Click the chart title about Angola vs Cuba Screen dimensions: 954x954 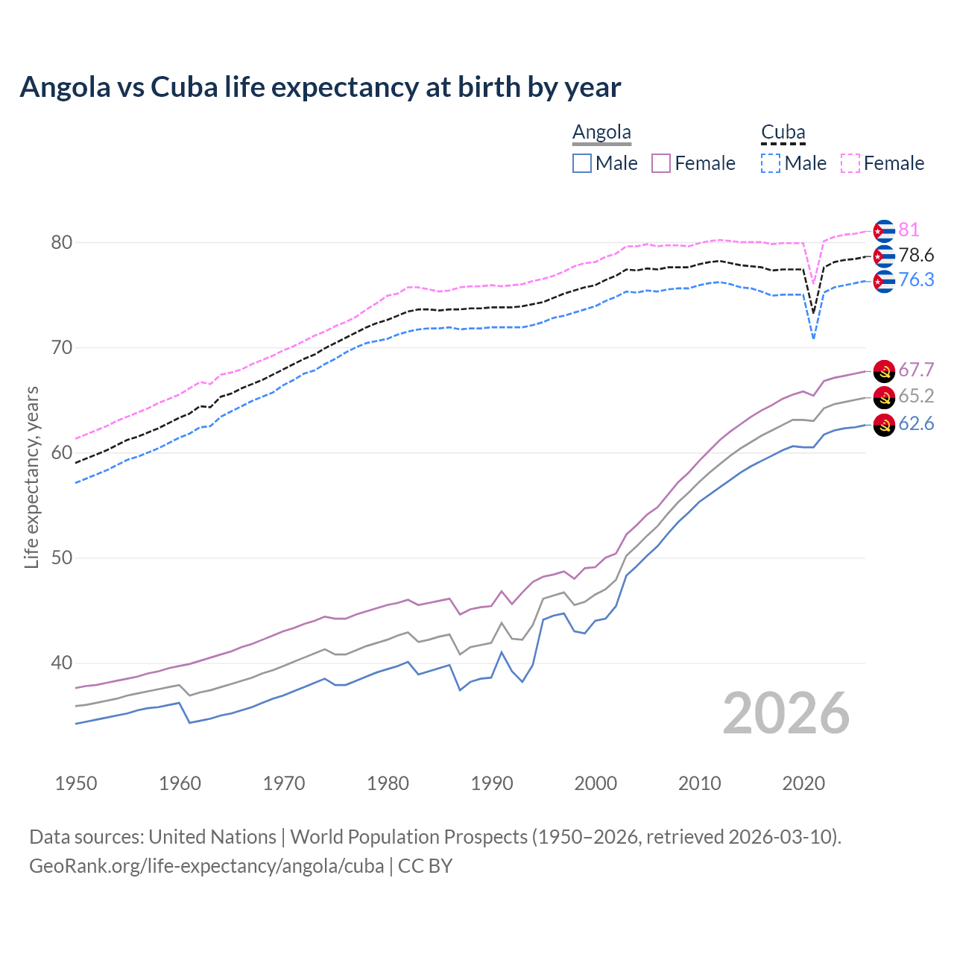click(320, 87)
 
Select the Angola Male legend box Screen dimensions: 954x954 click(582, 163)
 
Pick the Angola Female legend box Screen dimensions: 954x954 click(661, 163)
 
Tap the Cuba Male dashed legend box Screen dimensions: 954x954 click(771, 163)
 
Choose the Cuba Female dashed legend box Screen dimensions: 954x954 click(850, 163)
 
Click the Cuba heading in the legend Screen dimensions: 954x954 click(783, 132)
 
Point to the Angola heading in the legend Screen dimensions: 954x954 click(601, 132)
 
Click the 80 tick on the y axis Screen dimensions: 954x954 click(61, 242)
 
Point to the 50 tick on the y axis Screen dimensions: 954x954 click(61, 557)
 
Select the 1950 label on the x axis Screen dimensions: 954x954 click(76, 783)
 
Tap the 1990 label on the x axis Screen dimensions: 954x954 click(492, 783)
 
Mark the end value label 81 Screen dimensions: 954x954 click(909, 230)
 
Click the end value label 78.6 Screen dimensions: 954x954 click(916, 256)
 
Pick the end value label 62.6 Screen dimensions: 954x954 click(916, 424)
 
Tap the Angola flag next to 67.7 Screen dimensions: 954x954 click(884, 370)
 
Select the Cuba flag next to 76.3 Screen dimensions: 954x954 click(884, 281)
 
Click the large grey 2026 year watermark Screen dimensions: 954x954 click(786, 713)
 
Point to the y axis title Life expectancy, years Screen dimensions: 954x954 click(31, 477)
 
